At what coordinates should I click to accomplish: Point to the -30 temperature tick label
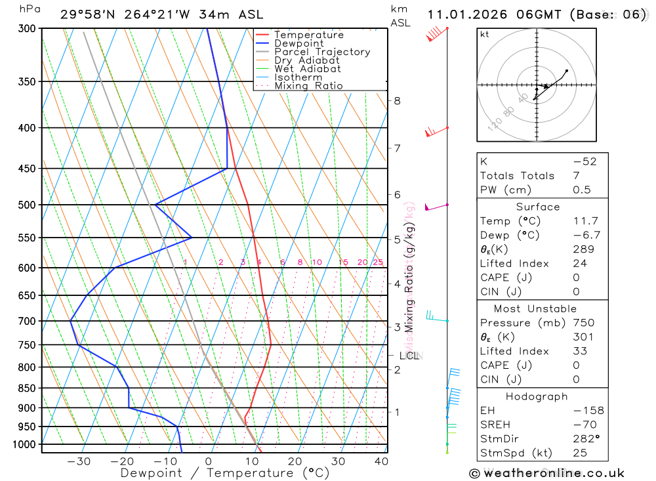click(x=79, y=461)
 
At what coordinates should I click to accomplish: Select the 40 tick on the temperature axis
click(x=381, y=461)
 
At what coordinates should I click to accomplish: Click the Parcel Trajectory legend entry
click(x=322, y=52)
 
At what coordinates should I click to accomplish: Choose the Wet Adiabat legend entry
click(x=307, y=69)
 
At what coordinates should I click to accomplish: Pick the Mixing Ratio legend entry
click(x=308, y=86)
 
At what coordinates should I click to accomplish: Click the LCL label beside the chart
click(x=409, y=356)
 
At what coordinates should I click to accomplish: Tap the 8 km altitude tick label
click(x=397, y=100)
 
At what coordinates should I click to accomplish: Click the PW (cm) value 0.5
click(x=582, y=190)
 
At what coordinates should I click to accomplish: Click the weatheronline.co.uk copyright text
click(x=546, y=473)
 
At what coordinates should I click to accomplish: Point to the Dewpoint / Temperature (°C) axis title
click(x=225, y=473)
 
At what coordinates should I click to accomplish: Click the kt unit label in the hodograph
click(x=484, y=34)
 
